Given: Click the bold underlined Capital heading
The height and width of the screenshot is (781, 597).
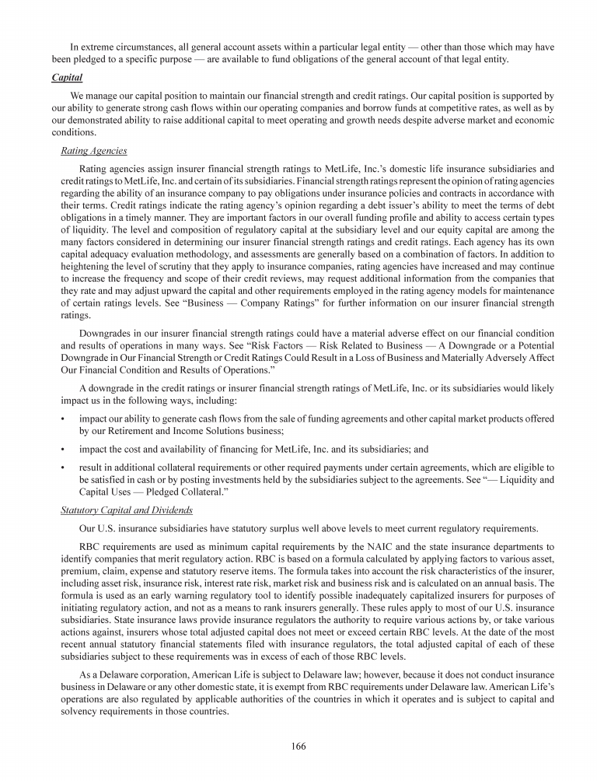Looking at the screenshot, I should (67, 78).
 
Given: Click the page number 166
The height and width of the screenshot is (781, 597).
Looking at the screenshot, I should (298, 746).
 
